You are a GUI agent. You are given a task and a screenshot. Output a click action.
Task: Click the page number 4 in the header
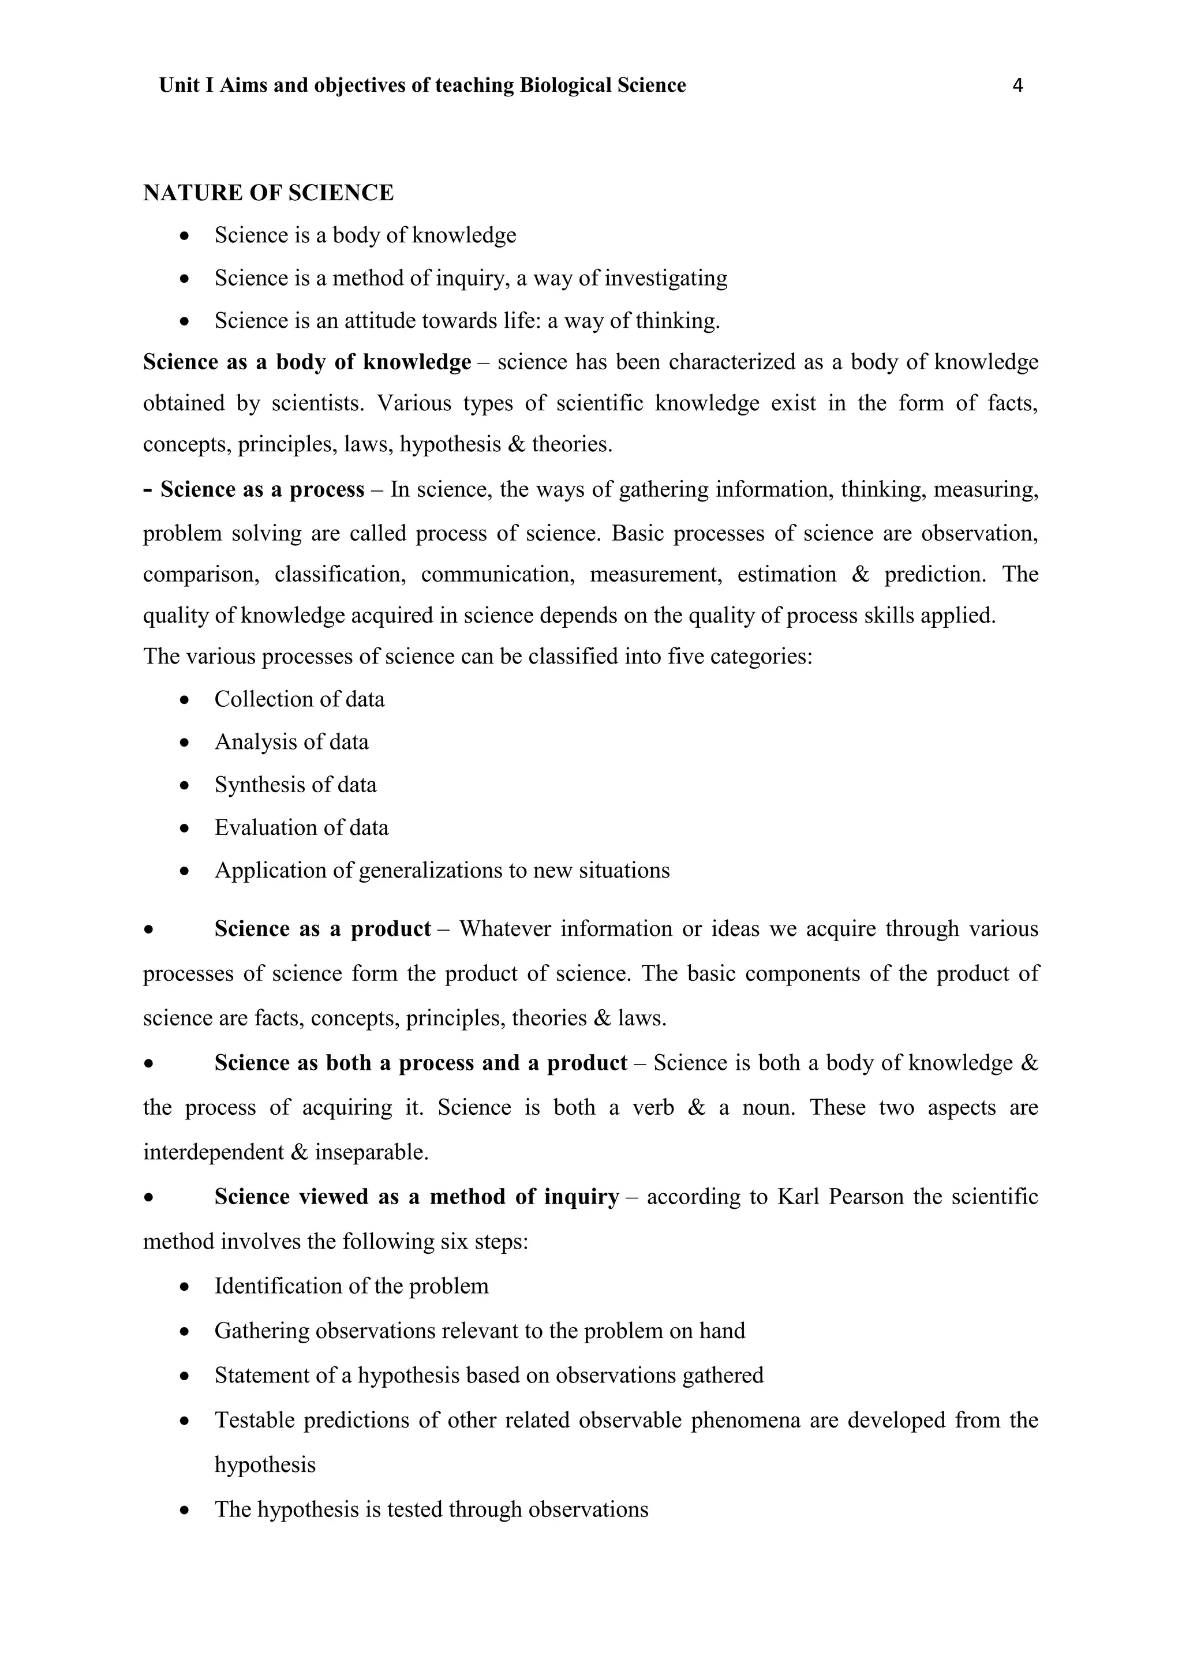click(x=1018, y=86)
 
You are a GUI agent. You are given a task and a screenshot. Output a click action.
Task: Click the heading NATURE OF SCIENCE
click(x=268, y=193)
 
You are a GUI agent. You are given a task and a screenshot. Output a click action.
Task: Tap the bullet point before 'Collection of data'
click(x=186, y=700)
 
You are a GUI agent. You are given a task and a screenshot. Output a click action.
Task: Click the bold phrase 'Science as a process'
click(x=262, y=489)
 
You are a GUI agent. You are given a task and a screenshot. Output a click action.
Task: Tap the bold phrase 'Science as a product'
click(x=323, y=930)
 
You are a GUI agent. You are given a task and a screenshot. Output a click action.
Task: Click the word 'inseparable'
click(x=371, y=1152)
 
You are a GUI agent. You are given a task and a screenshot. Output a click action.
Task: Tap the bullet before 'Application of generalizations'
click(x=186, y=871)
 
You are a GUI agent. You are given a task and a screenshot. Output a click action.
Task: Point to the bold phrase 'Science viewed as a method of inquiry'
click(x=416, y=1197)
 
